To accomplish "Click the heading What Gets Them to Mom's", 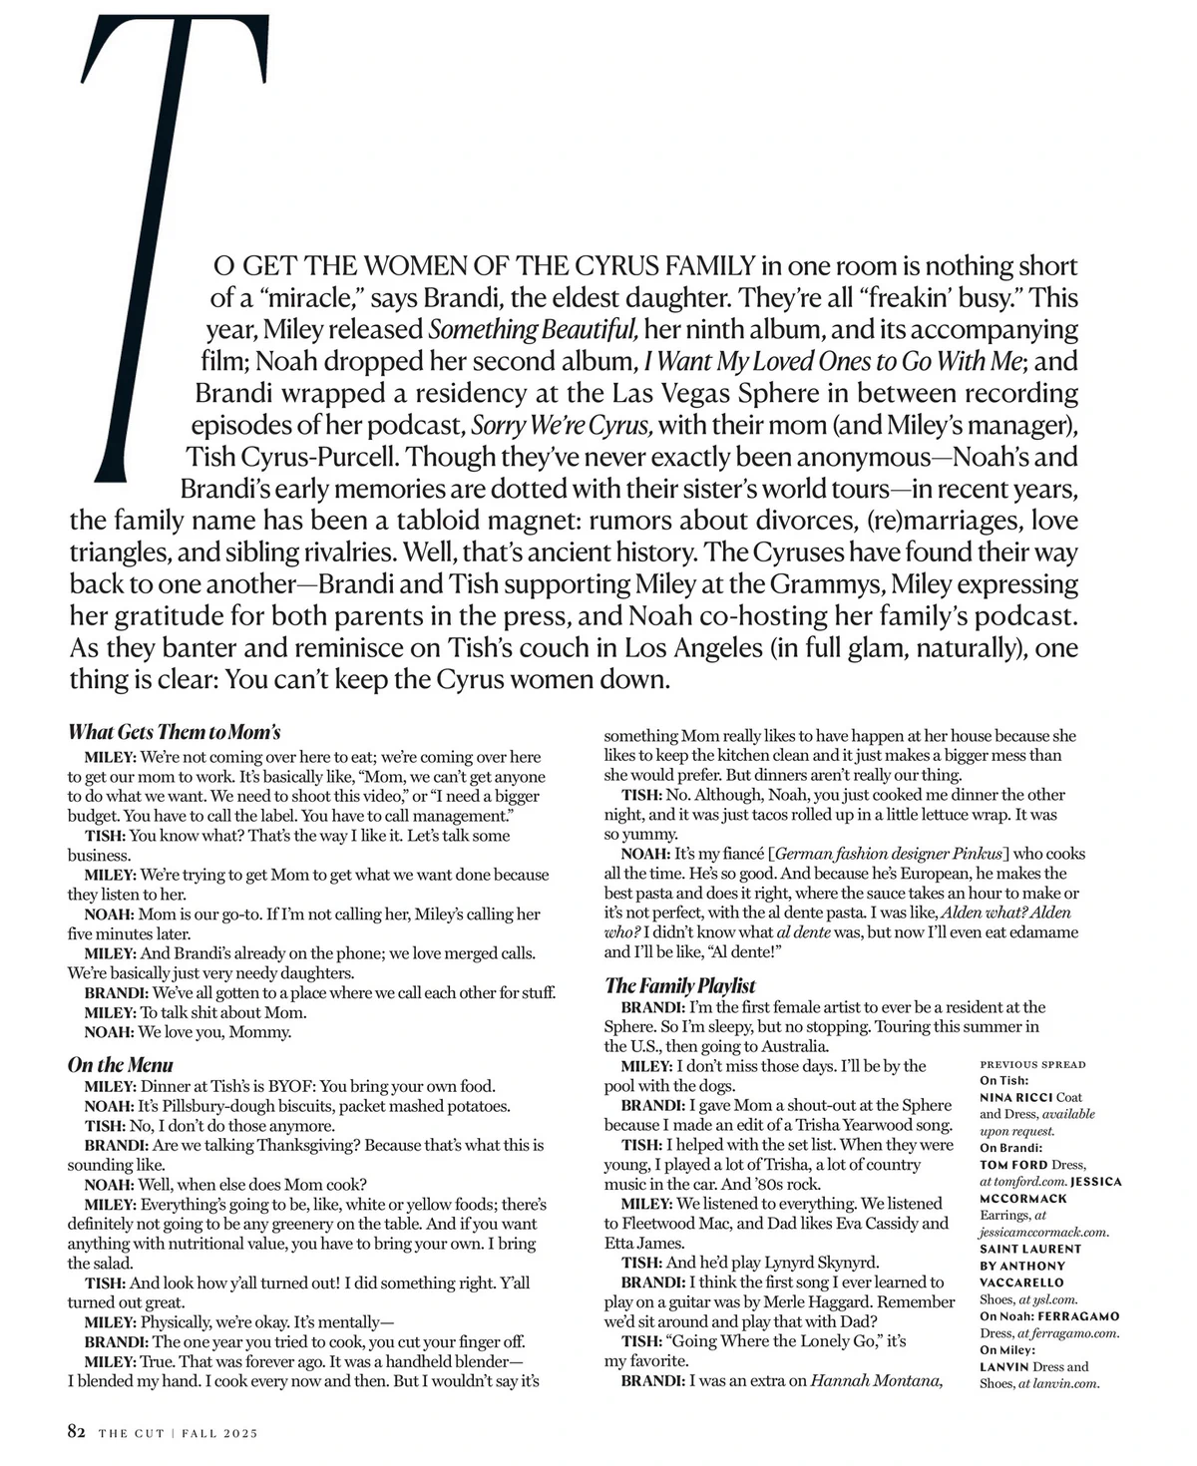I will coord(175,732).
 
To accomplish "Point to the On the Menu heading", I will coord(121,1065).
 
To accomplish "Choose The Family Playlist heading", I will coord(680,986).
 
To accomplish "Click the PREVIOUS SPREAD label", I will coord(1032,1065).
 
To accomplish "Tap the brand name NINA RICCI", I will coord(1014,1097).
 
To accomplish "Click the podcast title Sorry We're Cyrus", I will coord(562,426).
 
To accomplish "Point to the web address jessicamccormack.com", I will coord(1044,1232).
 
